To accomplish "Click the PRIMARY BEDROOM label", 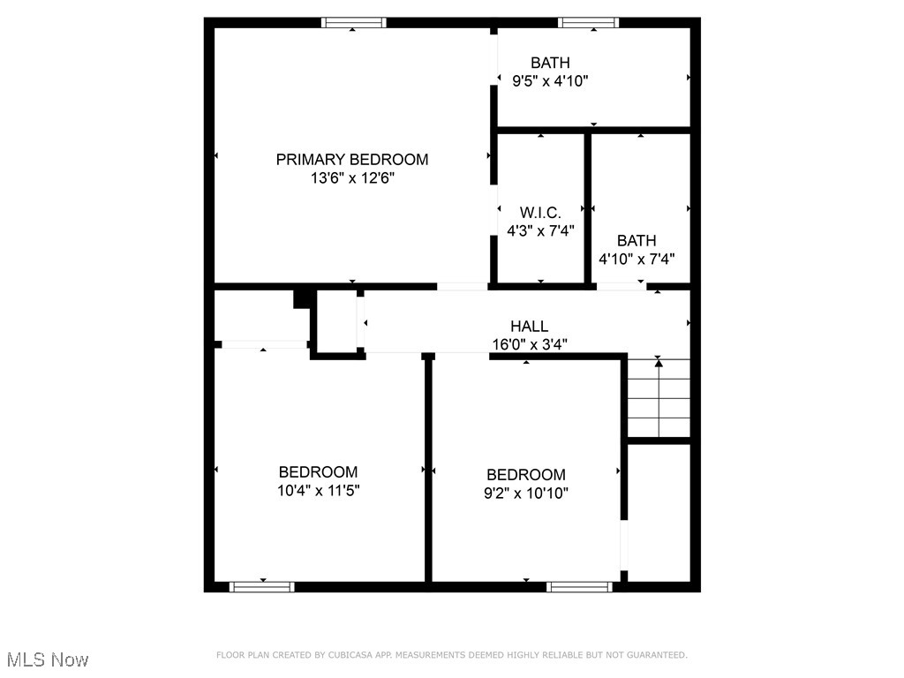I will [x=352, y=160].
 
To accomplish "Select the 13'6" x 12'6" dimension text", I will [x=352, y=178].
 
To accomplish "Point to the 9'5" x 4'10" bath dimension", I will [x=550, y=81].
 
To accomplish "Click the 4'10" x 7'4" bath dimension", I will [x=637, y=260].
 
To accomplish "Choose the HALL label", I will [x=529, y=327].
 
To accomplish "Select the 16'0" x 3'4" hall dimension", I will [x=529, y=345].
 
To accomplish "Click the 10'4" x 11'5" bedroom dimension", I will [x=318, y=491].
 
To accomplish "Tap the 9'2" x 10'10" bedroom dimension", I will [x=525, y=493].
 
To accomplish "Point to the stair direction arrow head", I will [x=659, y=362].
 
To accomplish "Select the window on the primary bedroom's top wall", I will [x=353, y=23].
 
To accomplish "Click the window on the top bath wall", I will [x=589, y=23].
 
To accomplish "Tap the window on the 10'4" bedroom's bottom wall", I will [x=262, y=586].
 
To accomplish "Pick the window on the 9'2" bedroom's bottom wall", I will [x=579, y=586].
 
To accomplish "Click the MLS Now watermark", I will [x=48, y=659].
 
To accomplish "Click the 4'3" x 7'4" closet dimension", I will [x=540, y=231].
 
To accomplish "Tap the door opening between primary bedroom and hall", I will [x=463, y=286].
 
